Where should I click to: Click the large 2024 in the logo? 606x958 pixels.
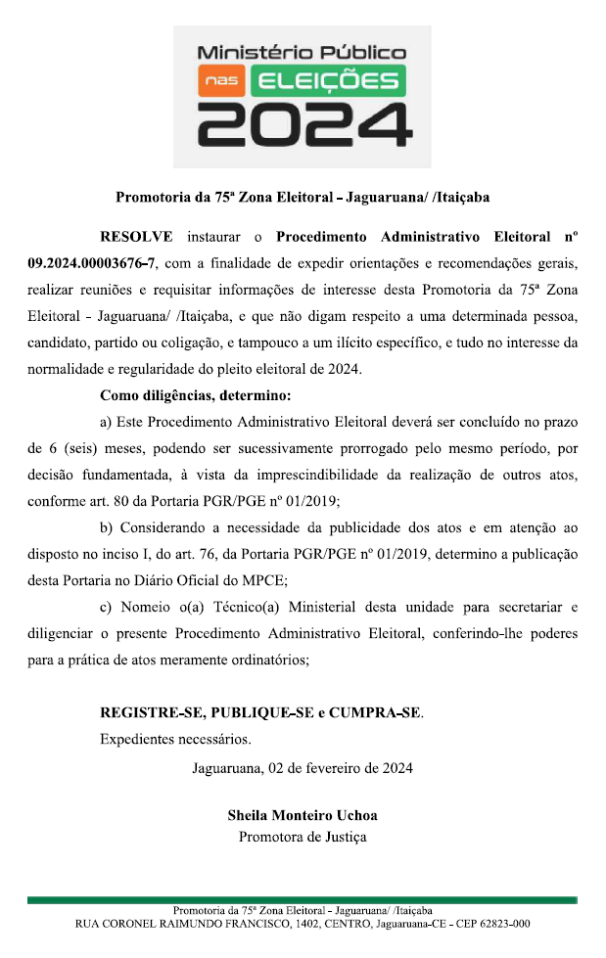[x=302, y=125]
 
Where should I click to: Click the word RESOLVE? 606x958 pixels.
[x=136, y=238]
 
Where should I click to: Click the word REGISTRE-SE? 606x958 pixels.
[x=152, y=712]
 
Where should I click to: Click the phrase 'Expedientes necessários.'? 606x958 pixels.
[x=175, y=739]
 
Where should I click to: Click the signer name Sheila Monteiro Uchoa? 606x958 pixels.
[x=303, y=815]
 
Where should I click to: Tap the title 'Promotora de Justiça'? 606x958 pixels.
[x=303, y=837]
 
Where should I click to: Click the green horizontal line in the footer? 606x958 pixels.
[x=303, y=899]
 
